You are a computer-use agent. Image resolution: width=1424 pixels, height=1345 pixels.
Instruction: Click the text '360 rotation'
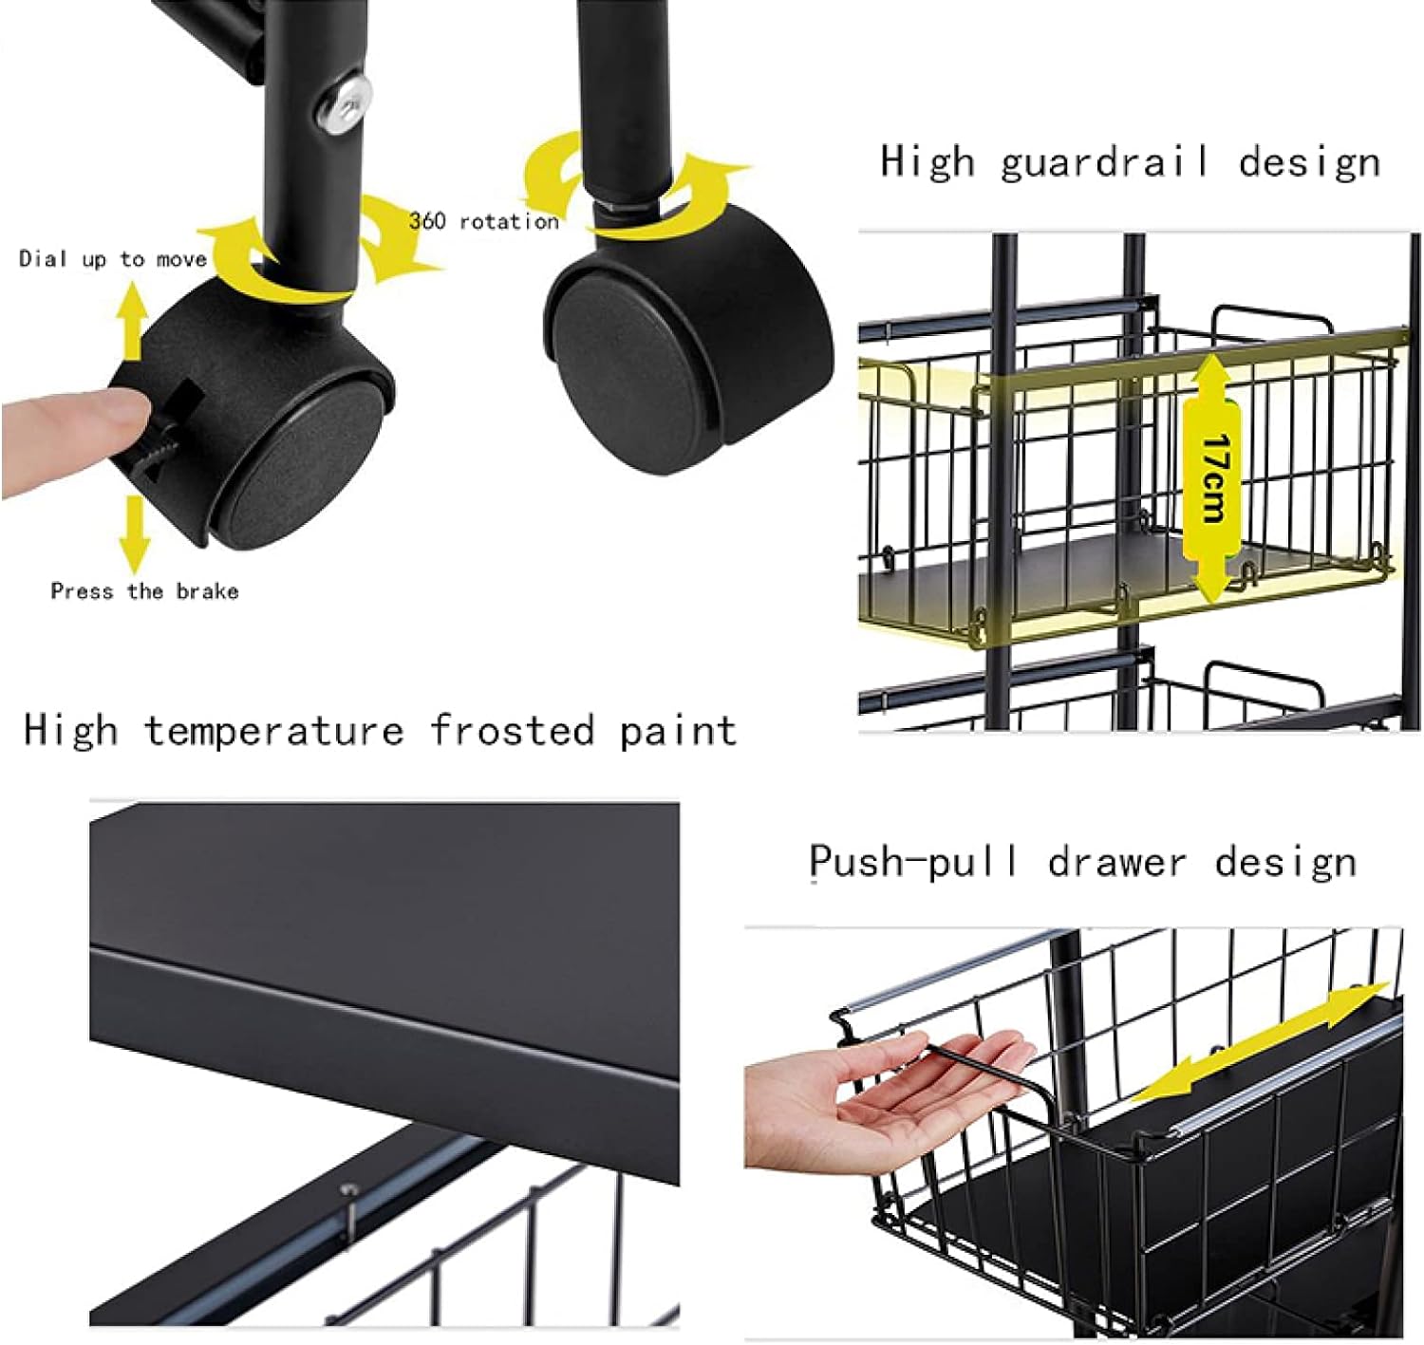(x=484, y=221)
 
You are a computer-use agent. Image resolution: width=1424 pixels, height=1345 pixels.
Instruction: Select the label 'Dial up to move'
(x=113, y=259)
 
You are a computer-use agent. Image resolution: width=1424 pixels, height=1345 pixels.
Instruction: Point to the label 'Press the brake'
(x=144, y=591)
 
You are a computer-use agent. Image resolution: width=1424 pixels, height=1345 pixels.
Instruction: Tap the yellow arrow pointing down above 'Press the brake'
(x=133, y=534)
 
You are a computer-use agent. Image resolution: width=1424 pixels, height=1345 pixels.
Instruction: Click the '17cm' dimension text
(x=1212, y=476)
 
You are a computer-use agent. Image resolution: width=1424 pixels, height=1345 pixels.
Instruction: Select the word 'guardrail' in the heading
(x=1104, y=162)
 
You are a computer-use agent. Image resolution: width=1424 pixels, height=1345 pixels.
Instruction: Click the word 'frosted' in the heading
(x=512, y=731)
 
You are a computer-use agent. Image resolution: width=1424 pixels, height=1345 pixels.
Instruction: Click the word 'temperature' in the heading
(x=274, y=731)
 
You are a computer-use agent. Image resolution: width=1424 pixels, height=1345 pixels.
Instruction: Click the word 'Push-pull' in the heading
(x=913, y=863)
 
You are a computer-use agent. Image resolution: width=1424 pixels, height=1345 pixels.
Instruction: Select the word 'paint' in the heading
(x=679, y=731)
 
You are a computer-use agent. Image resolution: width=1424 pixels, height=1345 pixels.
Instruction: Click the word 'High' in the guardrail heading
(x=927, y=162)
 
